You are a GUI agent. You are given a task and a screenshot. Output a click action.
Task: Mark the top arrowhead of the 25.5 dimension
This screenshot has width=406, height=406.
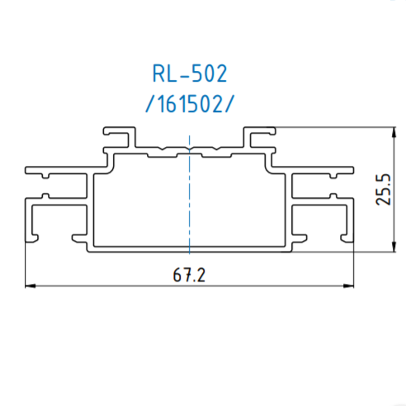pyautogui.click(x=391, y=132)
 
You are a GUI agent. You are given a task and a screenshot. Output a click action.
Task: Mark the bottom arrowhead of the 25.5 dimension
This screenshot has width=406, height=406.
pyautogui.click(x=391, y=249)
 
